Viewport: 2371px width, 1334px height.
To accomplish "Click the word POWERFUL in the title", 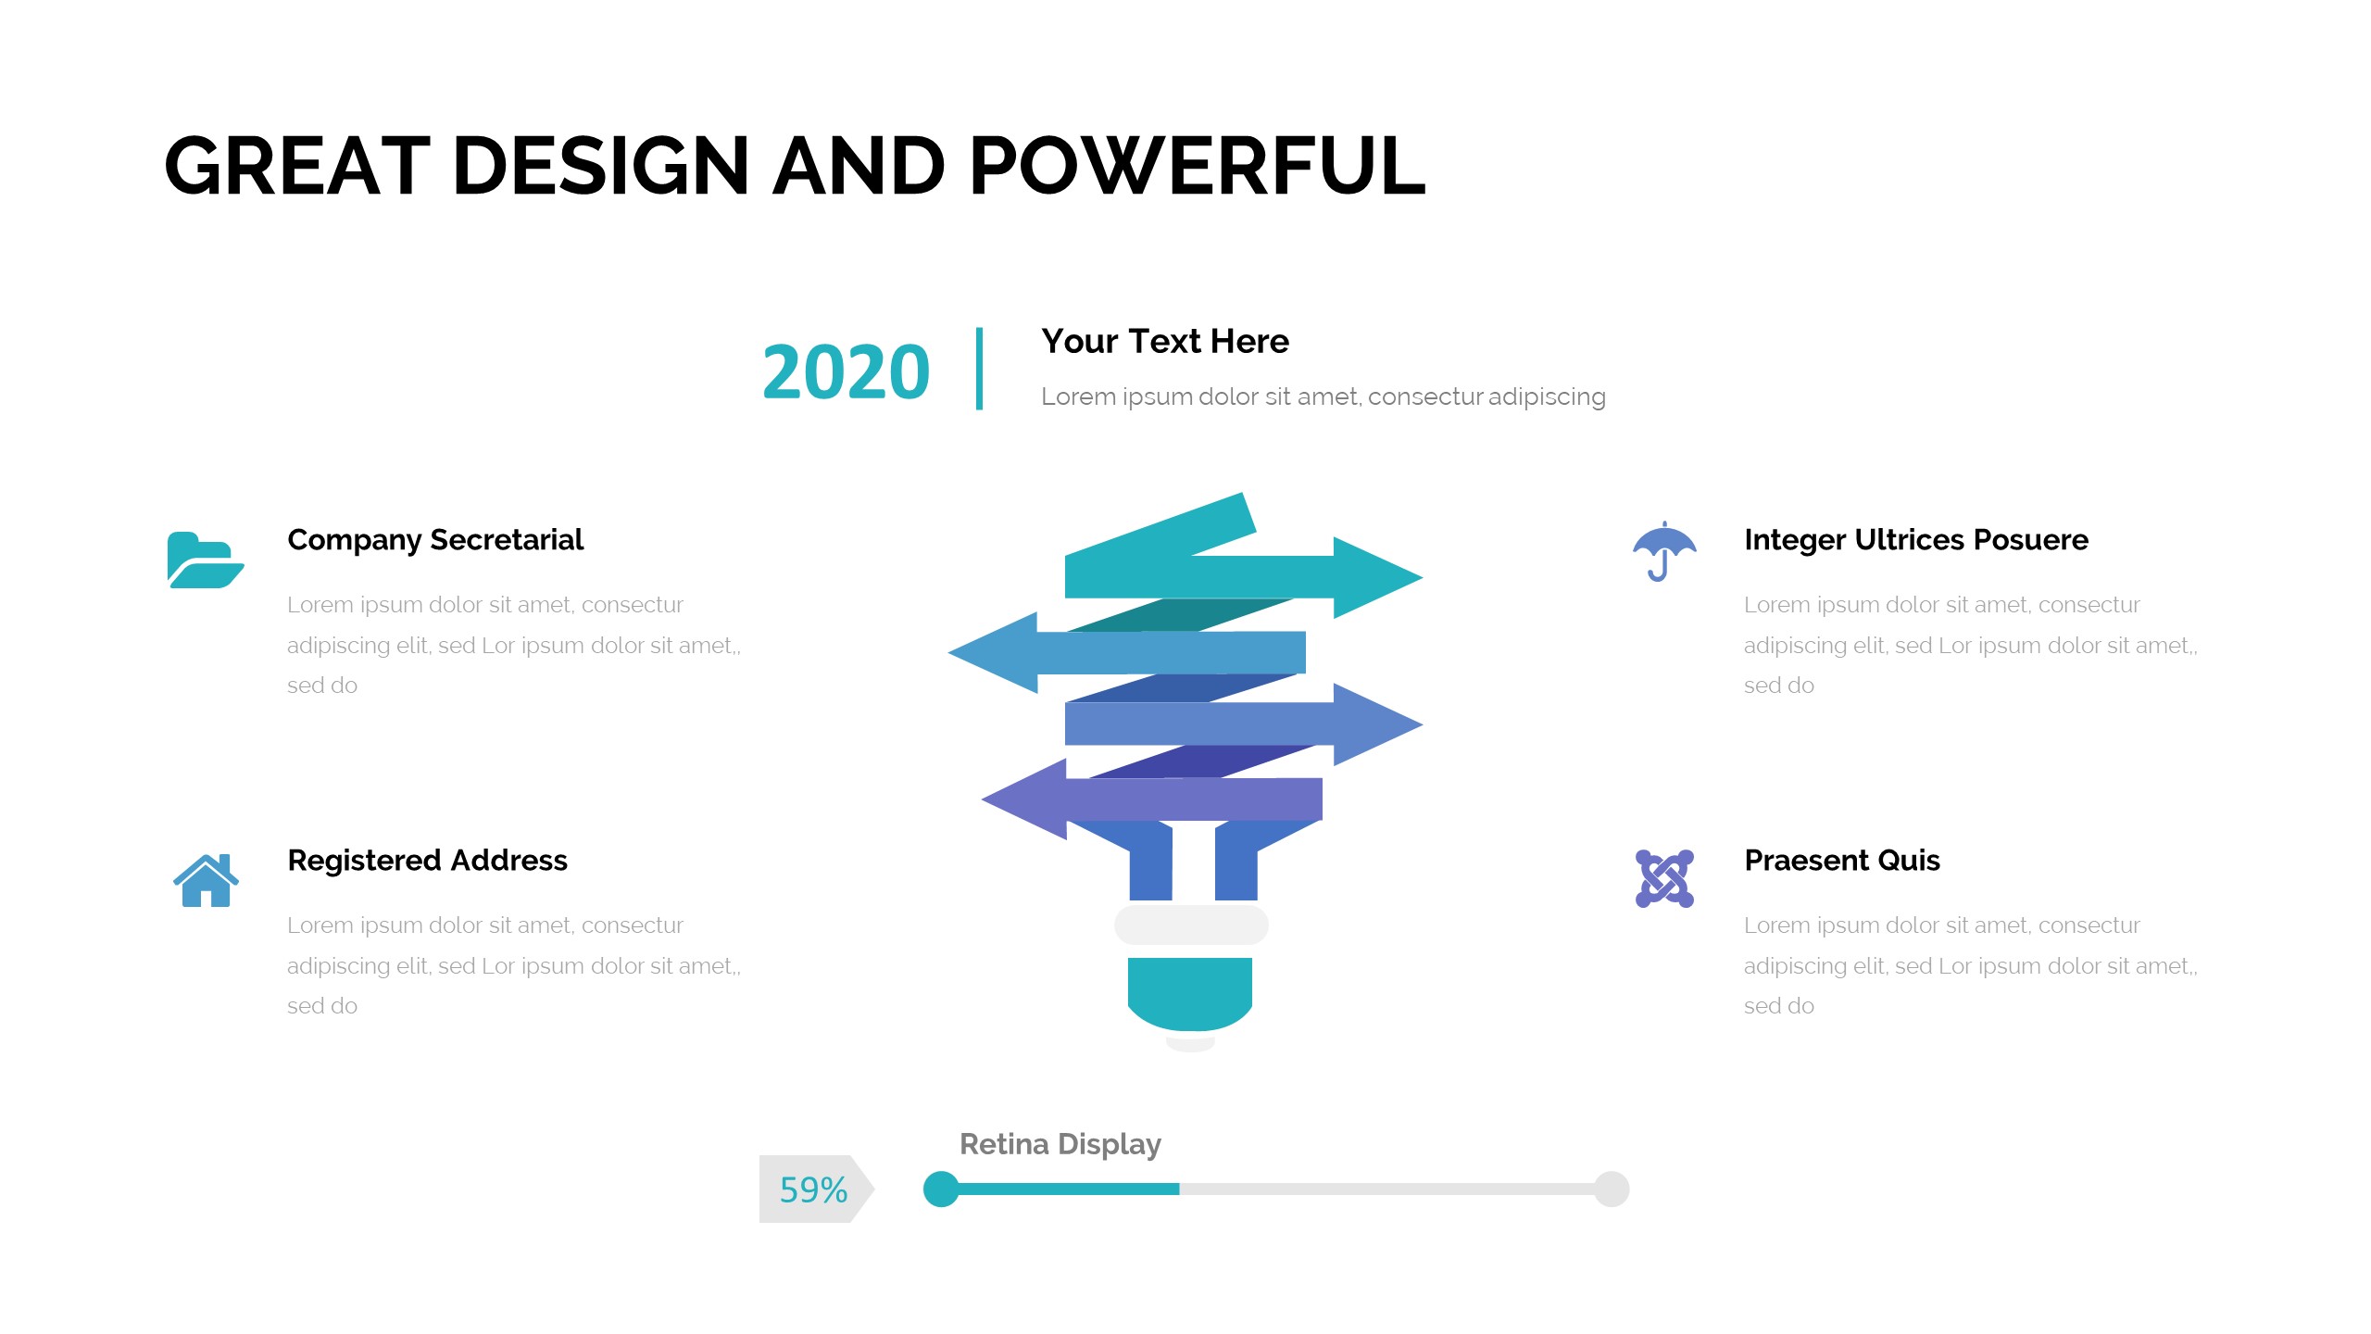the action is click(1197, 166).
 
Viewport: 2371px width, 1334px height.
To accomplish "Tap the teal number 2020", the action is click(846, 372).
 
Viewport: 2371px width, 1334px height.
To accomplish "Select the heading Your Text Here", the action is click(1165, 342).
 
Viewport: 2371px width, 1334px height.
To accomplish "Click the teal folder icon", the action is click(206, 560).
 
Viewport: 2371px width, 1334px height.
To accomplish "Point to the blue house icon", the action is click(206, 880).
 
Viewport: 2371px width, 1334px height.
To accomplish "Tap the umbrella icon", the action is click(1664, 551).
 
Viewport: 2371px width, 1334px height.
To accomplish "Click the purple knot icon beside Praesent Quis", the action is click(1664, 878).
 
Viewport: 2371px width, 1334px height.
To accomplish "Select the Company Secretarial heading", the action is click(435, 540).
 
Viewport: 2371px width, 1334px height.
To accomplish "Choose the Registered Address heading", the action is click(427, 861).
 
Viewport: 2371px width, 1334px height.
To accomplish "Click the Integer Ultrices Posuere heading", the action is click(1916, 540).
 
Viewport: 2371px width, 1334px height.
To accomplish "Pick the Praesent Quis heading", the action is click(1842, 861).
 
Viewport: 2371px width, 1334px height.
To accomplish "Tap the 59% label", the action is click(813, 1189).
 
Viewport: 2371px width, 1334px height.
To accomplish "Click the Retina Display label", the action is click(1060, 1145).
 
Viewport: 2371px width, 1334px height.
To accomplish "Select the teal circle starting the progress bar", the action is click(941, 1189).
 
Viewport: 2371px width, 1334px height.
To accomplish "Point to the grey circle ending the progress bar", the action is click(1612, 1189).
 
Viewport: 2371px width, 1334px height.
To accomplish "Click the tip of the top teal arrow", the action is click(1422, 577).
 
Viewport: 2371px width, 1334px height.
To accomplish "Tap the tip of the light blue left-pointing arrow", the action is click(949, 652).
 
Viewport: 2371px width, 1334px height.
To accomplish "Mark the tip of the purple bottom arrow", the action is click(983, 799).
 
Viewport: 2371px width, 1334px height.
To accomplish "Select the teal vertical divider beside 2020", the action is click(979, 368).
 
